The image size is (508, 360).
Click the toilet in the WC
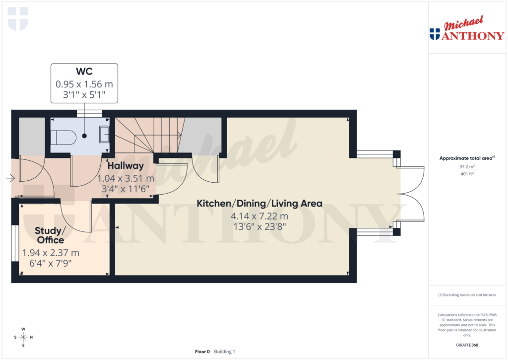(x=63, y=136)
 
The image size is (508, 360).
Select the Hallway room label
(x=126, y=166)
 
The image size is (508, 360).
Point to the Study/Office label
(x=50, y=235)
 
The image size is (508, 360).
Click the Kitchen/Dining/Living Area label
(x=259, y=203)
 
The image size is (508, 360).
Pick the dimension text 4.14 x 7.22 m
(x=259, y=216)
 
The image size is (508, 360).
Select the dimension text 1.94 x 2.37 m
(x=51, y=253)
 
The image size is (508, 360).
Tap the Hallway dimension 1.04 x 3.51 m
(x=126, y=178)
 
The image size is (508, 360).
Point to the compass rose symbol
(x=23, y=337)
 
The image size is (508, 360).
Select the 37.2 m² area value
(x=466, y=167)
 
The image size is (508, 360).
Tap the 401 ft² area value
(x=466, y=174)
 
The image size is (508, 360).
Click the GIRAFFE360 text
(x=466, y=345)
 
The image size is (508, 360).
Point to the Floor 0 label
(x=202, y=352)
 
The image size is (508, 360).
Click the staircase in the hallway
(x=147, y=135)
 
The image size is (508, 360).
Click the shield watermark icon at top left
(x=18, y=18)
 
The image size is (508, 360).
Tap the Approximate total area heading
(x=466, y=158)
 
